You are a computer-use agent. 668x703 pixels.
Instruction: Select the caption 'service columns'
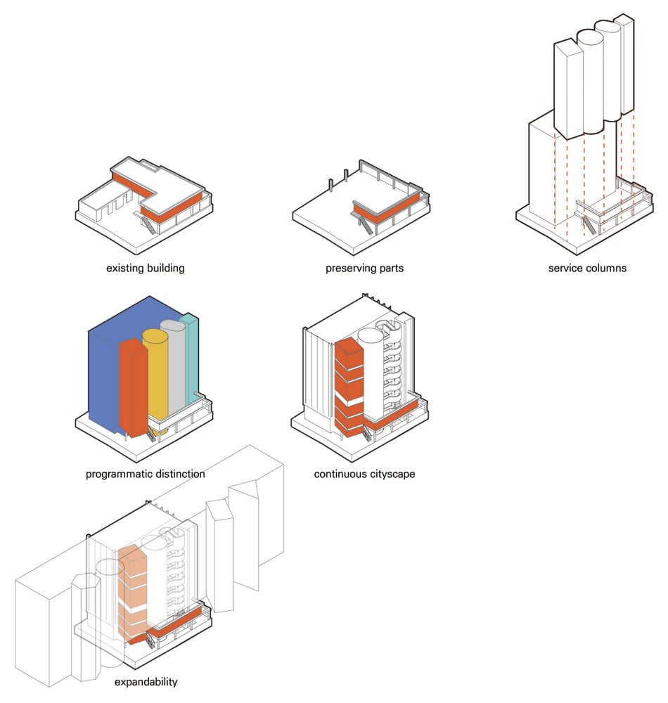(x=587, y=268)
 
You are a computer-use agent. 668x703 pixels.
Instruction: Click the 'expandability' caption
(x=146, y=682)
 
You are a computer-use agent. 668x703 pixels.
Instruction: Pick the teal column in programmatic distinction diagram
(x=192, y=359)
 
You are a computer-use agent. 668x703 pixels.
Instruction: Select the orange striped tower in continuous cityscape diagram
(x=349, y=388)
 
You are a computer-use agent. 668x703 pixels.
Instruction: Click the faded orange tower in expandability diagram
(x=132, y=592)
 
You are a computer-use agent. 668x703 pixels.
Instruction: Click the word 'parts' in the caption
(x=392, y=269)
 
